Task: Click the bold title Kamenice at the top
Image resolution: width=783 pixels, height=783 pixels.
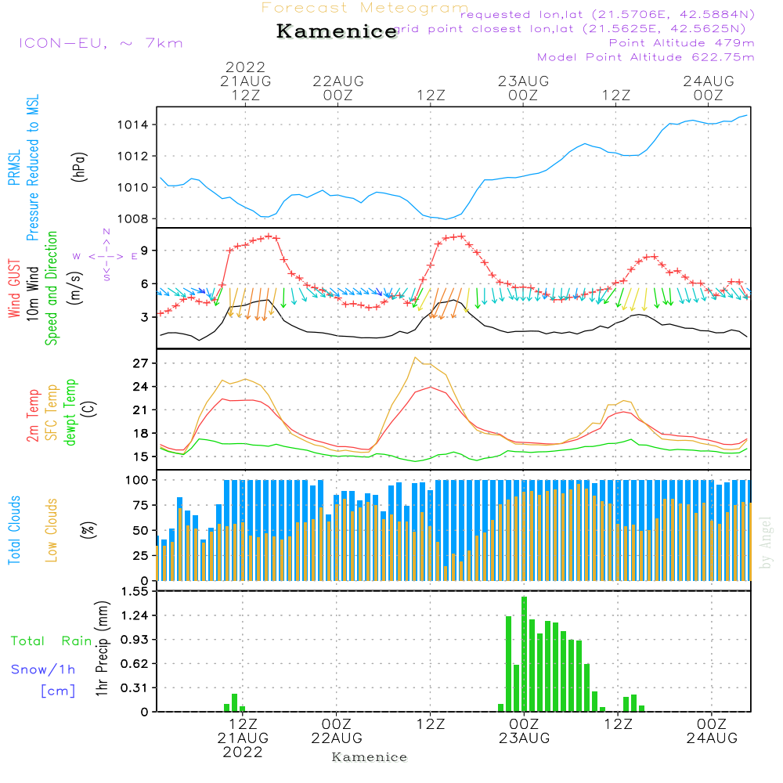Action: (337, 32)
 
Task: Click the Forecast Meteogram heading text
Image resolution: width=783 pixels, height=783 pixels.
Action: (365, 8)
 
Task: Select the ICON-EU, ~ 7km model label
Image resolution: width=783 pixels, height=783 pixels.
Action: (100, 43)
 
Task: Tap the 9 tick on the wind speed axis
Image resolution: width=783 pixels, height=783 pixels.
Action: (145, 251)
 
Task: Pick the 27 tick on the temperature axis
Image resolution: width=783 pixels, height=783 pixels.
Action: (141, 363)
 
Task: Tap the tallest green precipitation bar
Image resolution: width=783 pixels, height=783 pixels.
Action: (524, 654)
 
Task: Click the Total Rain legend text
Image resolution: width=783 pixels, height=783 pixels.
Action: (51, 641)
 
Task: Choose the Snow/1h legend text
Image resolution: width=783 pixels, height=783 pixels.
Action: (43, 669)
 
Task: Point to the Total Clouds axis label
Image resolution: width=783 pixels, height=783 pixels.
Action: (14, 529)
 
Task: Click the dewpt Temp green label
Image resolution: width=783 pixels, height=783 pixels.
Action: (70, 413)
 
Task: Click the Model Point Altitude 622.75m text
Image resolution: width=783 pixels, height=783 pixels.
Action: (645, 57)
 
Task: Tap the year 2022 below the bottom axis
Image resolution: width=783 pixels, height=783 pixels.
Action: (243, 752)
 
